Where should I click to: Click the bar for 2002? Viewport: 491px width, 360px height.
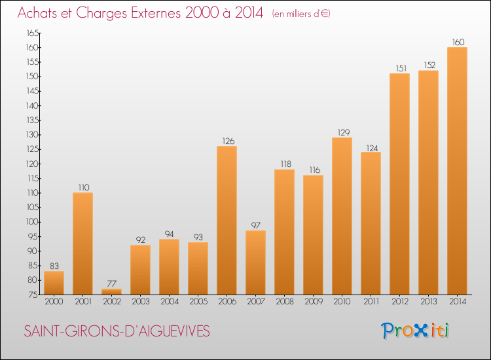point(111,291)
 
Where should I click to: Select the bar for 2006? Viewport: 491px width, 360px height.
point(227,221)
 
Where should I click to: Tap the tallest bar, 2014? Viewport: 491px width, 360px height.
point(457,171)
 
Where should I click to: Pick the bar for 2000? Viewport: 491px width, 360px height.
point(54,283)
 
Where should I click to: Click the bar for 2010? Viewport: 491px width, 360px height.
point(342,216)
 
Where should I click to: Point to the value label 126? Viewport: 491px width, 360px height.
point(228,141)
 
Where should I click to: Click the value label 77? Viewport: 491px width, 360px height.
point(112,283)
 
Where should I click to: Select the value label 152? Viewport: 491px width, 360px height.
point(429,65)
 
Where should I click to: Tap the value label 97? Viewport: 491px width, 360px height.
point(255,225)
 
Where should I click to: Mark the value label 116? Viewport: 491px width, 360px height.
point(315,170)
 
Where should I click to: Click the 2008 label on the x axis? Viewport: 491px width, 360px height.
point(285,302)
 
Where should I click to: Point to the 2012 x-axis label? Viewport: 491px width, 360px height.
point(400,302)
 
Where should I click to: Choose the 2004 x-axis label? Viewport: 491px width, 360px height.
point(170,302)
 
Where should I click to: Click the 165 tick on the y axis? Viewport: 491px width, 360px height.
point(33,33)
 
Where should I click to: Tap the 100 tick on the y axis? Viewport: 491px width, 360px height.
point(32,222)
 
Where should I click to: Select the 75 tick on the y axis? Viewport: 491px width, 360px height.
point(33,295)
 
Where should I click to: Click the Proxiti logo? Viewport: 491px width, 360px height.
point(415,331)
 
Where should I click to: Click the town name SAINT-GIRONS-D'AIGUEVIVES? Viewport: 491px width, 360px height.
point(117,331)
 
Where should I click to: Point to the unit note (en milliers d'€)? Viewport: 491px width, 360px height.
point(301,14)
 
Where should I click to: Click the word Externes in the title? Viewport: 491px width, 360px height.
point(156,13)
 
